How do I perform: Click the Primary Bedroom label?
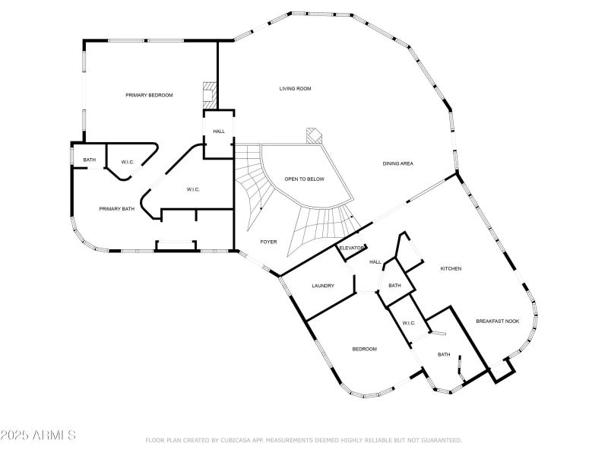pyautogui.click(x=149, y=95)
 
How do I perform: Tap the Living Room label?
pyautogui.click(x=296, y=89)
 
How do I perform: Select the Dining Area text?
pyautogui.click(x=397, y=164)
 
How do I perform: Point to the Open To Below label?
pyautogui.click(x=304, y=179)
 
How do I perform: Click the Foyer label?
pyautogui.click(x=268, y=242)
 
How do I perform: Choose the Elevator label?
pyautogui.click(x=351, y=249)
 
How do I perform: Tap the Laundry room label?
pyautogui.click(x=323, y=286)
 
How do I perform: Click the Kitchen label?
pyautogui.click(x=451, y=268)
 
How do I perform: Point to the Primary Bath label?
pyautogui.click(x=116, y=208)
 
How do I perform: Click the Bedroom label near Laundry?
pyautogui.click(x=364, y=349)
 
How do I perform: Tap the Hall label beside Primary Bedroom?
pyautogui.click(x=219, y=131)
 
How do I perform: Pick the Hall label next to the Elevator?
pyautogui.click(x=375, y=262)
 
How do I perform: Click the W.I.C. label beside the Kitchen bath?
pyautogui.click(x=407, y=323)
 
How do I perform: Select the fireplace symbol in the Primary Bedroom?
pyautogui.click(x=207, y=94)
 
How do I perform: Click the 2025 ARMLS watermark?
pyautogui.click(x=38, y=435)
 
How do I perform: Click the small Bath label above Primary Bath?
pyautogui.click(x=90, y=160)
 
